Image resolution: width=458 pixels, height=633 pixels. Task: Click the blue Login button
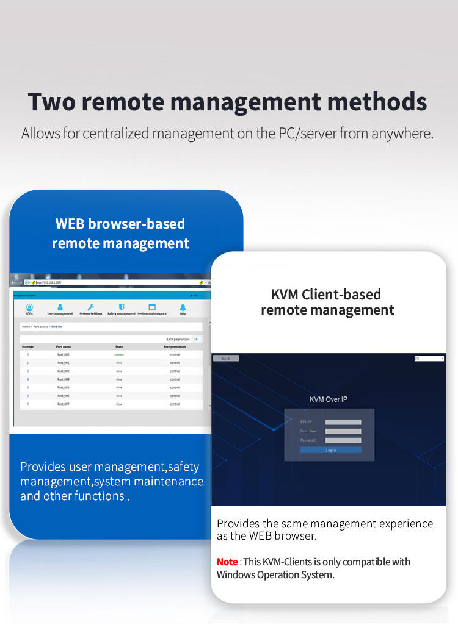(x=330, y=450)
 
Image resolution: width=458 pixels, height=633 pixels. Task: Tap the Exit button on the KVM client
(x=226, y=359)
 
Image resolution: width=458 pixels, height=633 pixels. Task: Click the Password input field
(x=343, y=440)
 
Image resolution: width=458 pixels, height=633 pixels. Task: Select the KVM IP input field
(x=343, y=422)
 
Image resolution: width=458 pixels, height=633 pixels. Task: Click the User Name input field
(x=343, y=431)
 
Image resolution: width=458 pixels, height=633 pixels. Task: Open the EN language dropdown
(x=429, y=359)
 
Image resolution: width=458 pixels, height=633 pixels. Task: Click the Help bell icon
(x=183, y=307)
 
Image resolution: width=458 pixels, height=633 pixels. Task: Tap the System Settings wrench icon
(x=91, y=307)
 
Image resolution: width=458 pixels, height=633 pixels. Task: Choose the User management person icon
(x=60, y=307)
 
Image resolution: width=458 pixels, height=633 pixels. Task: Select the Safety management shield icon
(x=122, y=307)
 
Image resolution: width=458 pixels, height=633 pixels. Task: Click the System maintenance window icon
(x=152, y=307)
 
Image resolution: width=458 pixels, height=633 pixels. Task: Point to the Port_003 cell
(x=64, y=354)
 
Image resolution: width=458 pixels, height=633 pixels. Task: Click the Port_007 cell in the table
(x=64, y=404)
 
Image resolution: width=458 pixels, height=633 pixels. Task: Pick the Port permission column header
(x=175, y=346)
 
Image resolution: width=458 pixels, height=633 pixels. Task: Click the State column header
(x=119, y=346)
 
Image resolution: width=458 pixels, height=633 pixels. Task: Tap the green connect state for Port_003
(x=119, y=354)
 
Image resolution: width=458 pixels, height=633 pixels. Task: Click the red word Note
(x=227, y=562)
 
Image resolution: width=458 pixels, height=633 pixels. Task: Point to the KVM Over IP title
(x=329, y=399)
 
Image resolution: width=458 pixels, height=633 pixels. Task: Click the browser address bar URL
(x=49, y=282)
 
